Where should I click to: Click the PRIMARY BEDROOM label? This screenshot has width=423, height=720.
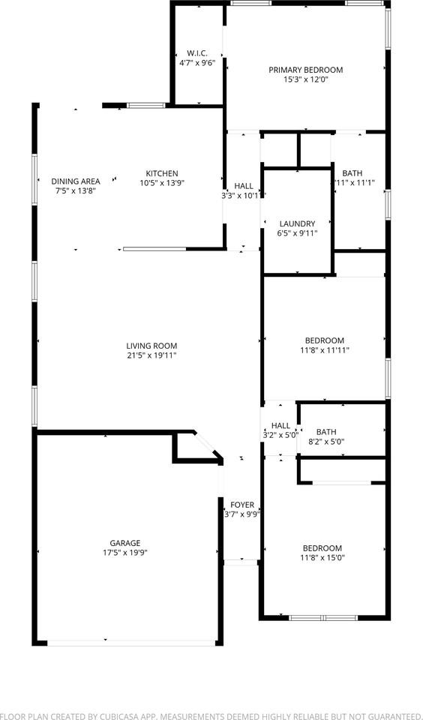tap(305, 70)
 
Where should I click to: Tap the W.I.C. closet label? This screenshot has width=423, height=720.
tap(197, 53)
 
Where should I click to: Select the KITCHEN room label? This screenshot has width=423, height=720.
tap(162, 173)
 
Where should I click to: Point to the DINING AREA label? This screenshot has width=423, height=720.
tap(76, 181)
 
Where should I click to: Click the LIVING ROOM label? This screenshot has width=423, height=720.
tap(151, 346)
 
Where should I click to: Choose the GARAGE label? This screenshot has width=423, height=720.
tap(124, 543)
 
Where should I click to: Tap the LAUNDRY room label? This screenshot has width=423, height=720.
tap(297, 223)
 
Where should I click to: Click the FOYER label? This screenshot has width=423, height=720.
tap(241, 505)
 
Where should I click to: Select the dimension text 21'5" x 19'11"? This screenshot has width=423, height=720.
tap(151, 355)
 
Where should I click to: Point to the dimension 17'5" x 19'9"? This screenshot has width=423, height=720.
tap(124, 553)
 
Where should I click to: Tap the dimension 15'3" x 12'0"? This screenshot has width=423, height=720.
tap(305, 79)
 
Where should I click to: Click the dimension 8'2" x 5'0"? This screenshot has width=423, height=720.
tap(326, 442)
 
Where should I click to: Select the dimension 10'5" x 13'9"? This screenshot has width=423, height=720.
tap(162, 183)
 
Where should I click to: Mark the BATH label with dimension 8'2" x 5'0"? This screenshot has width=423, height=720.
tap(326, 431)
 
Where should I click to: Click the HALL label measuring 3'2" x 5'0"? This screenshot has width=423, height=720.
tap(280, 425)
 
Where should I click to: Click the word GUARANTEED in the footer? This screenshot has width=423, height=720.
tap(388, 715)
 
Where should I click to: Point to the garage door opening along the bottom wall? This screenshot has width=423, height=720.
tap(130, 642)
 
